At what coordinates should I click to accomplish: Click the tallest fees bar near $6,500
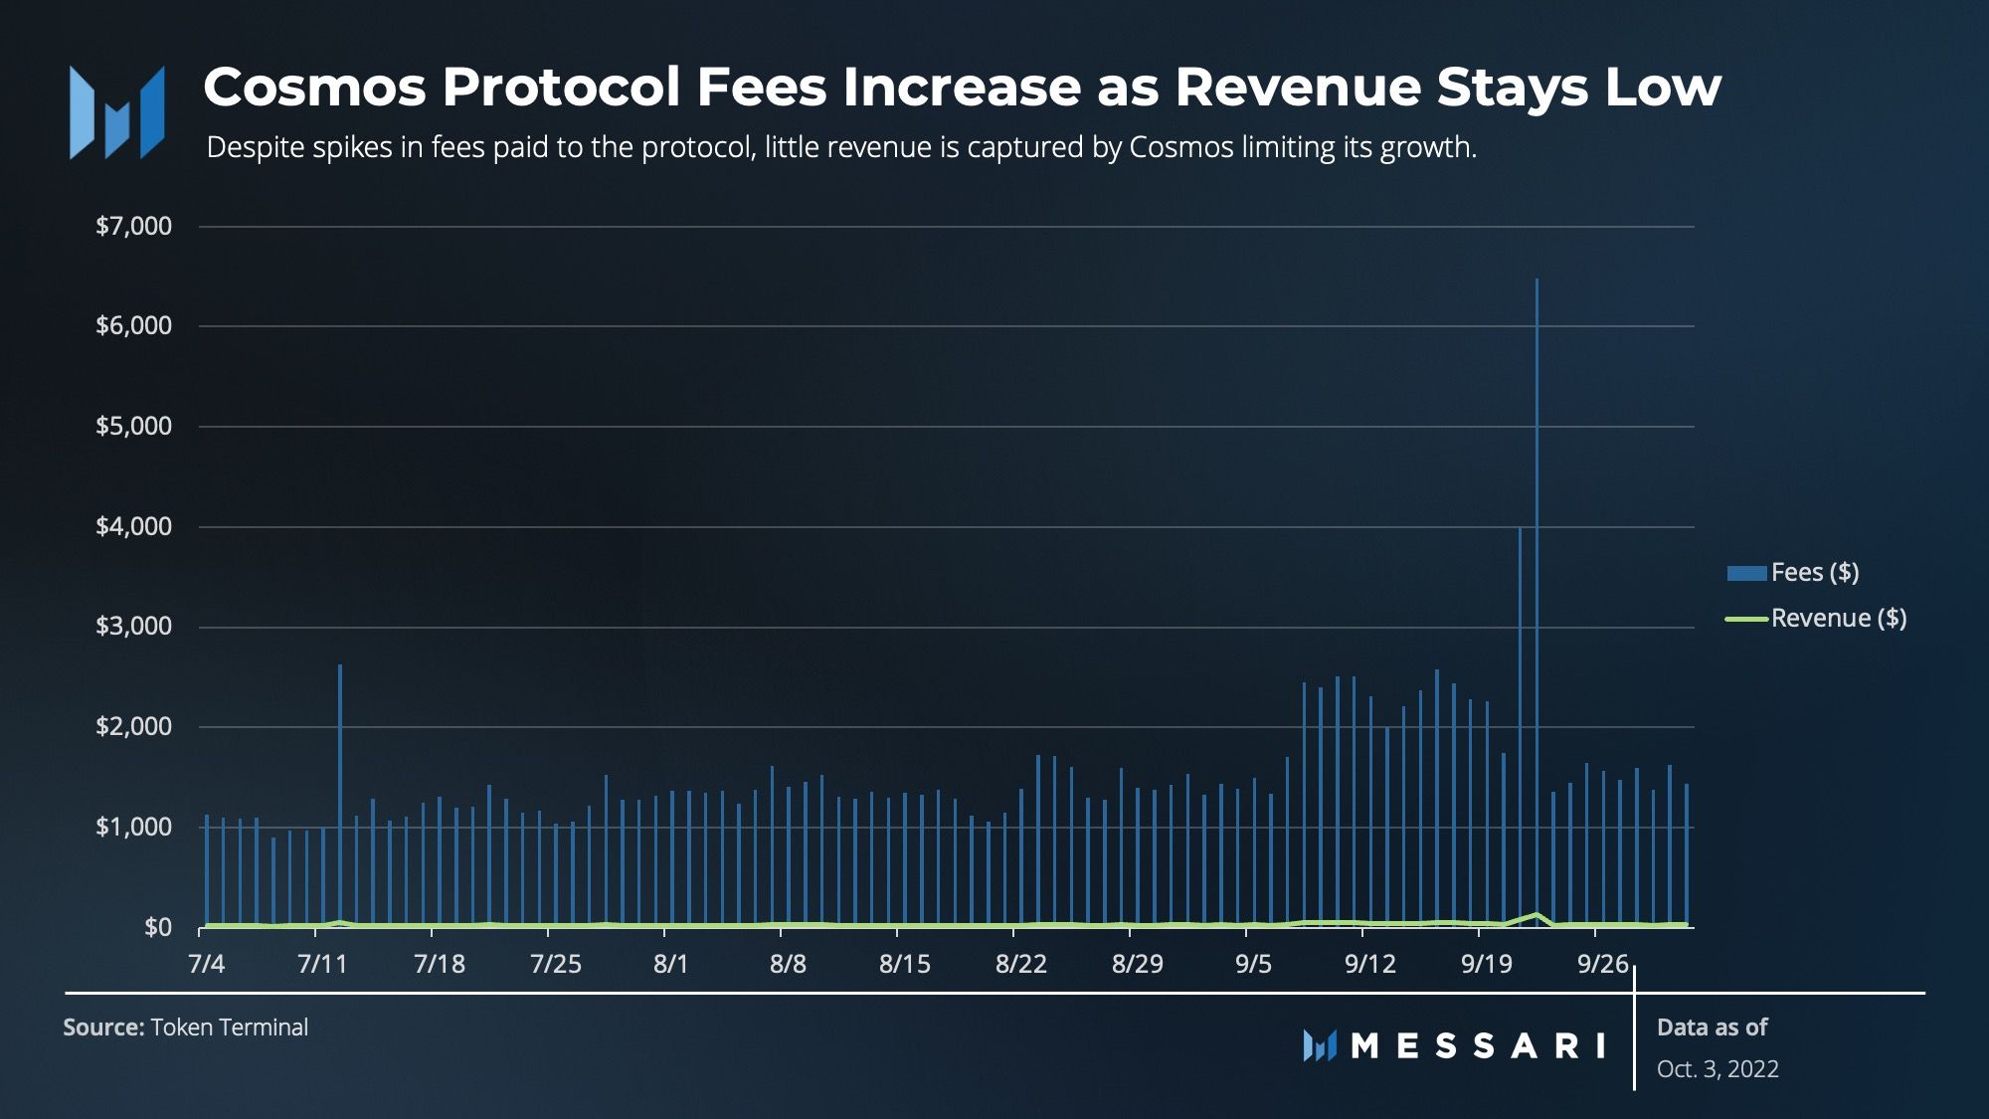[x=1537, y=597]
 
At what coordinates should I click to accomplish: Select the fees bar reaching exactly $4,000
[x=1520, y=726]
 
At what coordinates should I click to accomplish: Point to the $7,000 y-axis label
[x=133, y=226]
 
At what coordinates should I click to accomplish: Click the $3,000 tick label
[x=133, y=626]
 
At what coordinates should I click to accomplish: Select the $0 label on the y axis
[x=157, y=927]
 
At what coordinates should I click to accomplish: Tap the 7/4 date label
[x=206, y=963]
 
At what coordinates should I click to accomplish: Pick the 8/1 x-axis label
[x=670, y=963]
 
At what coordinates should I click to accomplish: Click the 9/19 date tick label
[x=1486, y=963]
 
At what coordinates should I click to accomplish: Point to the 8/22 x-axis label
[x=1021, y=963]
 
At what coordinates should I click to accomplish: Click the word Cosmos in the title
[x=314, y=87]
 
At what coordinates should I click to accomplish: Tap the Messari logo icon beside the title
[x=116, y=112]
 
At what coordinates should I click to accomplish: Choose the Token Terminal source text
[x=229, y=1026]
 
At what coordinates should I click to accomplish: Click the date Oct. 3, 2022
[x=1718, y=1068]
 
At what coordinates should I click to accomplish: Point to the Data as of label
[x=1712, y=1026]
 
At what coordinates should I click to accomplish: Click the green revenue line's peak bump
[x=1537, y=914]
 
